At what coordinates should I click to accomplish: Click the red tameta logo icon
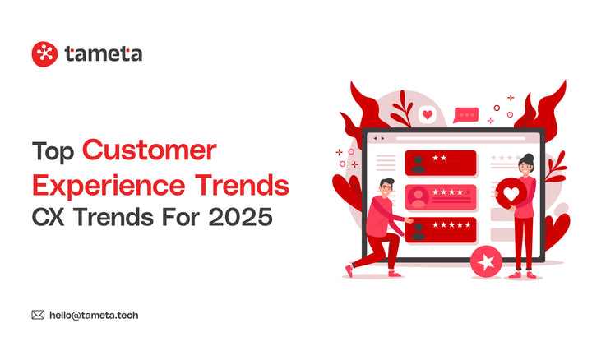(x=44, y=54)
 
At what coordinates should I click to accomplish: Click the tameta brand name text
(x=104, y=54)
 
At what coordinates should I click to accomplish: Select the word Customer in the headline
(x=150, y=151)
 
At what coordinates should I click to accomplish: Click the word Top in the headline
(x=53, y=152)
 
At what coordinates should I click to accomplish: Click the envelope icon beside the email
(x=38, y=314)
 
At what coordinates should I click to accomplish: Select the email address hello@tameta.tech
(x=99, y=314)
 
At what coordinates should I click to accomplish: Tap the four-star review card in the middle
(x=441, y=196)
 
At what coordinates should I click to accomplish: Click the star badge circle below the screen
(x=486, y=263)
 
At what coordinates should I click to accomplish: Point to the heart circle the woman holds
(x=513, y=196)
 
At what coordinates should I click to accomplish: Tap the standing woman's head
(x=526, y=161)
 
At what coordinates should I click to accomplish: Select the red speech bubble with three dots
(x=466, y=115)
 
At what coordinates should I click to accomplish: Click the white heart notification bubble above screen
(x=427, y=114)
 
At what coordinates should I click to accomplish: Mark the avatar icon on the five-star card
(x=418, y=230)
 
